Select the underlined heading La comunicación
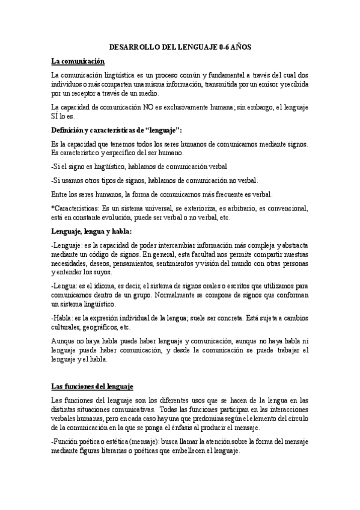pos(78,61)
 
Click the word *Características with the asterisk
pos(75,209)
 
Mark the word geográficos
pos(99,328)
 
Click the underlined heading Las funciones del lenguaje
pos(92,385)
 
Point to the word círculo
pos(296,419)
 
